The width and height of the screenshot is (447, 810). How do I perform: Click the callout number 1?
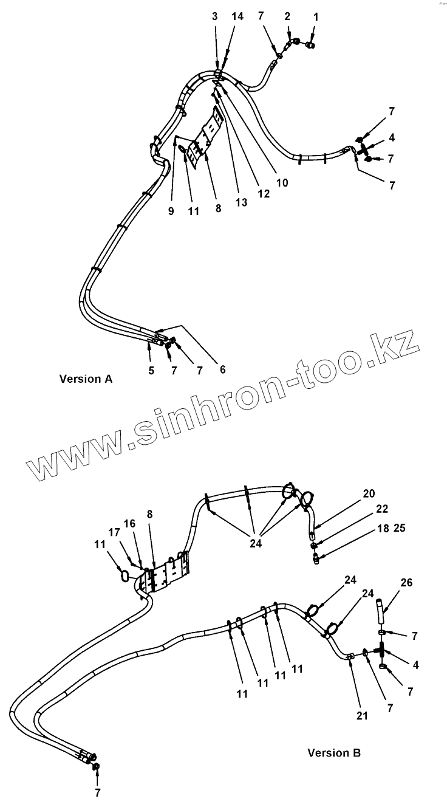(x=315, y=16)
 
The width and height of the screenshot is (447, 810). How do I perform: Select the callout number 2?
(x=288, y=16)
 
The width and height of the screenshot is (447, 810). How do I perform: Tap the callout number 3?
(x=215, y=16)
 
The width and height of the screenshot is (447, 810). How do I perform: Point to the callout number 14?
(x=237, y=16)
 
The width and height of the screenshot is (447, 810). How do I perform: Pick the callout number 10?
(x=282, y=182)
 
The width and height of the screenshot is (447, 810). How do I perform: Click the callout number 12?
(x=263, y=194)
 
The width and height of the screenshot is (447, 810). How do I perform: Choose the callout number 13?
(x=242, y=202)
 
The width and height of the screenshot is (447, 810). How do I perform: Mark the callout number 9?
(x=171, y=211)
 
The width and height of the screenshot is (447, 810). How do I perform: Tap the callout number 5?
(x=151, y=369)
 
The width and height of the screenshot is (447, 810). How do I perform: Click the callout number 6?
(x=222, y=369)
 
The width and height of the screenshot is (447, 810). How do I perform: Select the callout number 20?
(x=369, y=493)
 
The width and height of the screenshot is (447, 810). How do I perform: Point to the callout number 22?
(x=381, y=509)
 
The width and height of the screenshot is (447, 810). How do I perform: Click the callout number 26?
(x=406, y=583)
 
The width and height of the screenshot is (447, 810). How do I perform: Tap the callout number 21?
(x=362, y=716)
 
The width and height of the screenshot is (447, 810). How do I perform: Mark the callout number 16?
(x=130, y=523)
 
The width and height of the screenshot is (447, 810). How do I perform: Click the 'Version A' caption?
(x=86, y=379)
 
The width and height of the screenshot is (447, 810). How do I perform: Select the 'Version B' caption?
(x=334, y=752)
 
